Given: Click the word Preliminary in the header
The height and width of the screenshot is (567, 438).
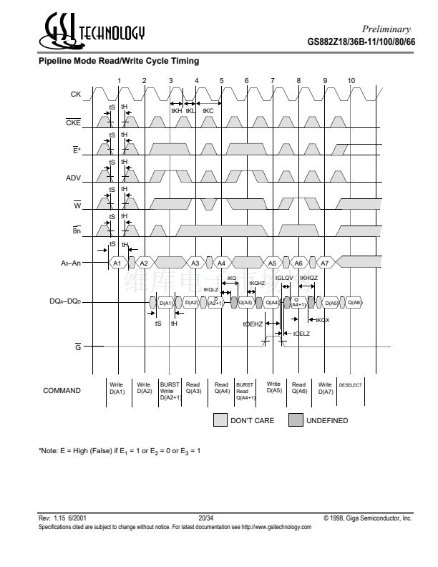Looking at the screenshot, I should [387, 28].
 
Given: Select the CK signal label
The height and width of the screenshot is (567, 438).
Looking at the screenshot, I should [75, 94].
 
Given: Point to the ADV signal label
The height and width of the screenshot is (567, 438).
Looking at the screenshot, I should [74, 177].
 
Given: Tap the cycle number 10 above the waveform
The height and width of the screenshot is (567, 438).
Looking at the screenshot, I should [351, 80].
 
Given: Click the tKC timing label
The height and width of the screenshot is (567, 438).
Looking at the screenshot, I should [208, 111].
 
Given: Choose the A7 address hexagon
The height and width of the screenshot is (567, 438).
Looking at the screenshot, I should [324, 263].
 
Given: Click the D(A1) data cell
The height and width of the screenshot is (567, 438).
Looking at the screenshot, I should [165, 303].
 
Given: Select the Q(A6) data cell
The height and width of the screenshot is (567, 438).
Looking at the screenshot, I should [355, 303].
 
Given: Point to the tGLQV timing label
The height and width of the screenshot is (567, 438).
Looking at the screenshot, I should [284, 278].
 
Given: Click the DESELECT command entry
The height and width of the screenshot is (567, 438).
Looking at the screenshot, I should [351, 385].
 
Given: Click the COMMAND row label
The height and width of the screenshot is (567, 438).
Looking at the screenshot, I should [62, 391].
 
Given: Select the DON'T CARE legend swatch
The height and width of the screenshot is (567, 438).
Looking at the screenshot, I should [220, 420].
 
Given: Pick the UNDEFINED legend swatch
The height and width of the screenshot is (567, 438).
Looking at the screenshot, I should [296, 420].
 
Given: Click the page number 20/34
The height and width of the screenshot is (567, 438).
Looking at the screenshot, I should [207, 517].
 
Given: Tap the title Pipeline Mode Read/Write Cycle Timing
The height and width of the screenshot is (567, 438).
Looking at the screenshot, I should [118, 62].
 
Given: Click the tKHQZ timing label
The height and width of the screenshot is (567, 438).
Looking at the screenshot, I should [308, 278].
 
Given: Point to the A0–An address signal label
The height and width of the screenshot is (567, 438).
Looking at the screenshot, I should [70, 263].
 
